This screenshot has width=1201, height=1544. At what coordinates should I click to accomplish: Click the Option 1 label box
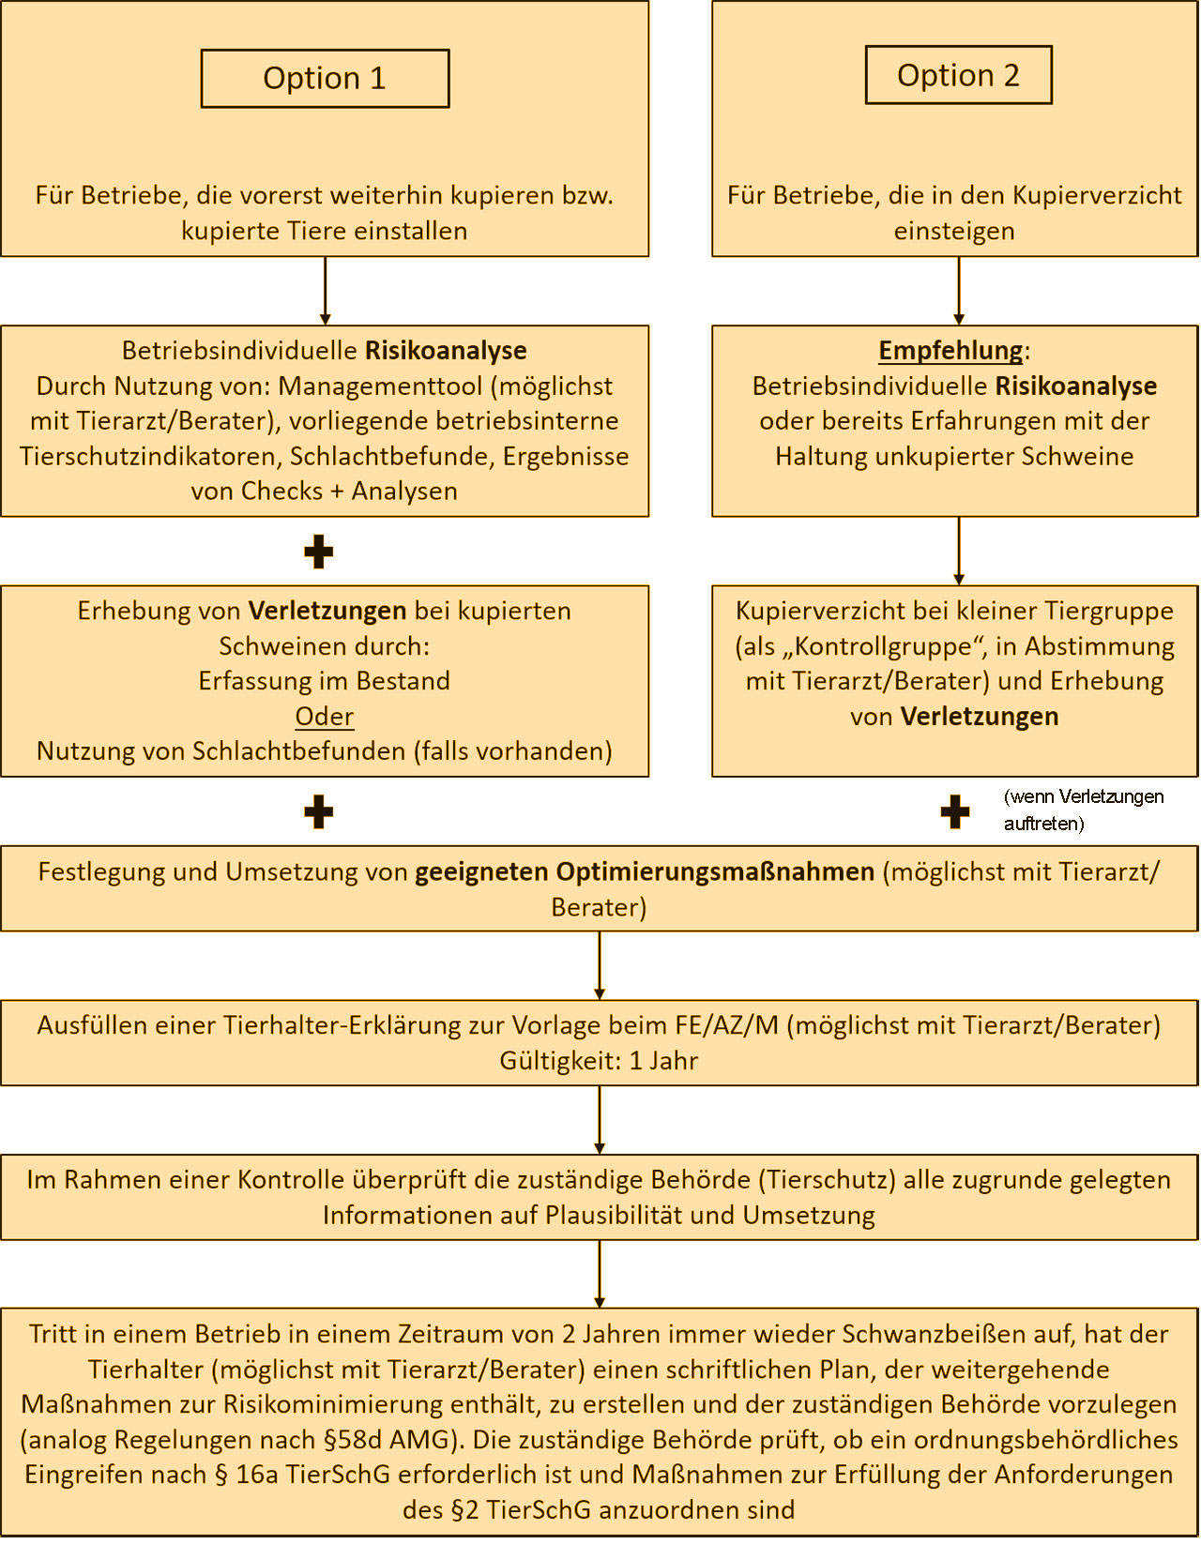coord(325,78)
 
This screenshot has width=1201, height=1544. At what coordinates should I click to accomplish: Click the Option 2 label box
coord(958,75)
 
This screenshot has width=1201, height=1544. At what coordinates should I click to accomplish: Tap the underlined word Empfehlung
coord(950,350)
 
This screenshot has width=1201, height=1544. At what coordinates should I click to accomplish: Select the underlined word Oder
coord(324,716)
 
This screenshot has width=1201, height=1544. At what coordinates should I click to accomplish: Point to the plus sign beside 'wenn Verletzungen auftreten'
coord(954,811)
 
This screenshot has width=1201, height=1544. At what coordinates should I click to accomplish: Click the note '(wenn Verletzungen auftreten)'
coord(1083,810)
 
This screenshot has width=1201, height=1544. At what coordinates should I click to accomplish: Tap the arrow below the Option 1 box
coord(325,291)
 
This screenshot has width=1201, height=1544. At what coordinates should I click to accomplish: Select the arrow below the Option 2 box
coord(958,291)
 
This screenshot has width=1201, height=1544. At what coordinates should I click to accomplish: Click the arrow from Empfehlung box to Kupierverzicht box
coord(958,552)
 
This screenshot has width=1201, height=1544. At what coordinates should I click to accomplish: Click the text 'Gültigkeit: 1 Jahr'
coord(599,1060)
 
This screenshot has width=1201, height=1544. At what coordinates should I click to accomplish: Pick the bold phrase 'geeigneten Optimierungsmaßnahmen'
coord(644,871)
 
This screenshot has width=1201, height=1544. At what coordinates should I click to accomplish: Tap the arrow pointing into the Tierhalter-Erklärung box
coord(599,965)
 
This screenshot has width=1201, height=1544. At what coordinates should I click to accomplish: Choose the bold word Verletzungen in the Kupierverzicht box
coord(980,717)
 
